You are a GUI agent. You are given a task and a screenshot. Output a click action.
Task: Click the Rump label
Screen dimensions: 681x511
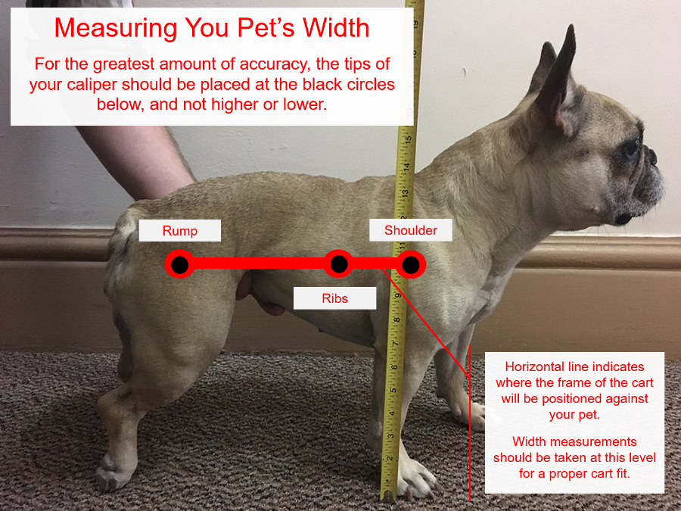(180, 230)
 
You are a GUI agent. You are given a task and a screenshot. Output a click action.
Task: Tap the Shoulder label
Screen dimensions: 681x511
(410, 230)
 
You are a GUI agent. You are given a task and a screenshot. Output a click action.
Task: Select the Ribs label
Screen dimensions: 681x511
(335, 298)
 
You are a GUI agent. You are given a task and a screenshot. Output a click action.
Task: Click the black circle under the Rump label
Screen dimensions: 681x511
(179, 264)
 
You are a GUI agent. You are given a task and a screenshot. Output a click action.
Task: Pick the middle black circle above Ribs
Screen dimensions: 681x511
(339, 263)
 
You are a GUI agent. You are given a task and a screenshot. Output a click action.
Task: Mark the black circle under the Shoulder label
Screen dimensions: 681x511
(410, 265)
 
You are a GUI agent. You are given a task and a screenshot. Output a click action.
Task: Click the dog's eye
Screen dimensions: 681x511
(633, 148)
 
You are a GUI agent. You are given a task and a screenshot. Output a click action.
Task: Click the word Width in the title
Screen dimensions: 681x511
(336, 28)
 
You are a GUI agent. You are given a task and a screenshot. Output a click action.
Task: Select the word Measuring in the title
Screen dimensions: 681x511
(116, 29)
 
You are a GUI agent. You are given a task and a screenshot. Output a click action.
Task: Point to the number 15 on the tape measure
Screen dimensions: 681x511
(407, 140)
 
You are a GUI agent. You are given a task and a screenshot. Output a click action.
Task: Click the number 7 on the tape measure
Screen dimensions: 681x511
(395, 344)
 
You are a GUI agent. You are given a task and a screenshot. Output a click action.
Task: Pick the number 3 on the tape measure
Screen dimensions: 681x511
(390, 436)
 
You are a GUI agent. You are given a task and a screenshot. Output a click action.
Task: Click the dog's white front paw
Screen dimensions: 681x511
(415, 478)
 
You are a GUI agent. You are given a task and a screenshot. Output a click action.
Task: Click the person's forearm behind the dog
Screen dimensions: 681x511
(139, 160)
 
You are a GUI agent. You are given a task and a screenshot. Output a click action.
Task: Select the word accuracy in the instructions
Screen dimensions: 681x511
(275, 64)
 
